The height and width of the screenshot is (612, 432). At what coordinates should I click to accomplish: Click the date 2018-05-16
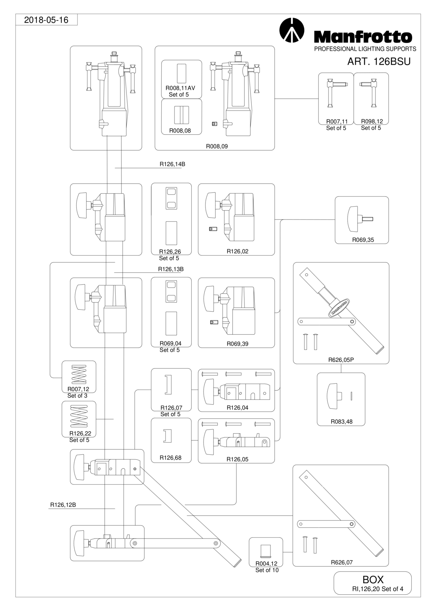[x=46, y=20]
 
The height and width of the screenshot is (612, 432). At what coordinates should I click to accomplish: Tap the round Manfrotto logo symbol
[x=291, y=30]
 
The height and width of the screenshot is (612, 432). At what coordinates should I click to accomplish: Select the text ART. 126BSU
[x=379, y=62]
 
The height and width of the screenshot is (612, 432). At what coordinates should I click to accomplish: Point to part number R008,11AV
[x=180, y=88]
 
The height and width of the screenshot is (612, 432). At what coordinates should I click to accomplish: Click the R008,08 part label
[x=180, y=130]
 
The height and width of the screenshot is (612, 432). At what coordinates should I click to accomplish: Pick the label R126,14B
[x=172, y=164]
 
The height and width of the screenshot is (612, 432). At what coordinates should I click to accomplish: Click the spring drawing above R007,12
[x=79, y=374]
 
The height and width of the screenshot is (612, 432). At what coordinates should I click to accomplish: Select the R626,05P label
[x=341, y=360]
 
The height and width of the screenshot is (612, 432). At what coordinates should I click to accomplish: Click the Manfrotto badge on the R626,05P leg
[x=339, y=308]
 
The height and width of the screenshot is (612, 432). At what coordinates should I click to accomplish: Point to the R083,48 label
[x=341, y=422]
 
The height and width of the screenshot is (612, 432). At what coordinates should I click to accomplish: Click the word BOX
[x=373, y=579]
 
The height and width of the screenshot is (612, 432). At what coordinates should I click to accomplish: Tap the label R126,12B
[x=63, y=505]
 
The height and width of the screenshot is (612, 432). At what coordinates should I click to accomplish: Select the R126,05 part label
[x=238, y=459]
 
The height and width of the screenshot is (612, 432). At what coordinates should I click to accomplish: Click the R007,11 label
[x=337, y=121]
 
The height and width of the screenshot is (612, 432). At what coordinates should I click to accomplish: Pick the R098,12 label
[x=372, y=121]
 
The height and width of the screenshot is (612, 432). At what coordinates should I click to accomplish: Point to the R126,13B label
[x=171, y=269]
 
